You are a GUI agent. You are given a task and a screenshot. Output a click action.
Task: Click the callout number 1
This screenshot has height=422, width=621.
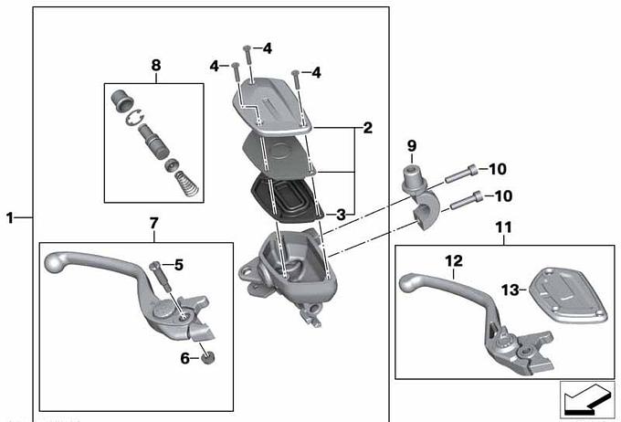(10, 217)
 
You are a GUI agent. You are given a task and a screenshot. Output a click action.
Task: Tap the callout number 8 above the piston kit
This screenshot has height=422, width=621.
(156, 65)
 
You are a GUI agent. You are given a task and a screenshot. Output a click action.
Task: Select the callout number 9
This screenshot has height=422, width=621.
(412, 146)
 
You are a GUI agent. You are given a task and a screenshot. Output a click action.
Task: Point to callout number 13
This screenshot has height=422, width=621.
(510, 290)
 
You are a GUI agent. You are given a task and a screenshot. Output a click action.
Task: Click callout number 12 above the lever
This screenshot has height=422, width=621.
(454, 260)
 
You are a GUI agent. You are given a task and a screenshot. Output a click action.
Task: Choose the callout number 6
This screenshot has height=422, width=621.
(185, 358)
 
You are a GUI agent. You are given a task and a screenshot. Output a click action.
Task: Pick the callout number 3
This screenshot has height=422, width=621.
(341, 215)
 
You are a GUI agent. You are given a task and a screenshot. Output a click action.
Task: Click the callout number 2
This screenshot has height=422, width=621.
(367, 128)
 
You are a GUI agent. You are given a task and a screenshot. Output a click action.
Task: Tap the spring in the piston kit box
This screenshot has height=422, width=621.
(187, 184)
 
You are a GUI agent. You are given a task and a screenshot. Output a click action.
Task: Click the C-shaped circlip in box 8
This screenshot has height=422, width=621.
(134, 118)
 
